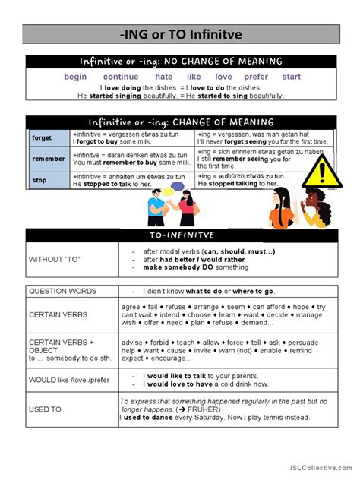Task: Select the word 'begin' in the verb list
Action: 76,77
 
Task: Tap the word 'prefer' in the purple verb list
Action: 256,77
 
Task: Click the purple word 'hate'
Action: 163,77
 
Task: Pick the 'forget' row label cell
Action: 42,138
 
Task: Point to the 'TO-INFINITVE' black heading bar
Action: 180,236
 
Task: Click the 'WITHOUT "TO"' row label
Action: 55,260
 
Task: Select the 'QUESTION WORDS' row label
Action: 62,291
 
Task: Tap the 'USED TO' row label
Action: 45,409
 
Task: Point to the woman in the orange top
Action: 282,208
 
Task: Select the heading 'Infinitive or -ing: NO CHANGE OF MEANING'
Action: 181,61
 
